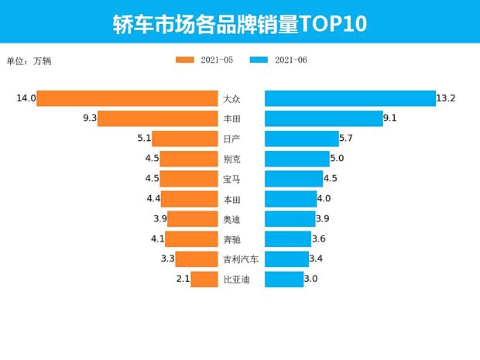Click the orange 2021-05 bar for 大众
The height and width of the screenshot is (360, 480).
[x=127, y=98]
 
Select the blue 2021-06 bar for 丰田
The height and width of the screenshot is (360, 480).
[x=324, y=118]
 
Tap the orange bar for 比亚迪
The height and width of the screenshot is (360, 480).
[x=204, y=279]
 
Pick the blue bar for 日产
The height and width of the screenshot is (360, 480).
[x=302, y=139]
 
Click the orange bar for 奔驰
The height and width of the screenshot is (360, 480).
[x=191, y=239]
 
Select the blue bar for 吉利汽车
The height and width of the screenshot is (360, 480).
[x=286, y=259]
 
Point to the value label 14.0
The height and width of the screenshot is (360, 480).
[x=26, y=98]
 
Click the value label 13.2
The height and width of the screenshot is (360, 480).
[x=446, y=98]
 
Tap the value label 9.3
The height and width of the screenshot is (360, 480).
[x=87, y=118]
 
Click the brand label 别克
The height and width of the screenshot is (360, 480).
[x=231, y=159]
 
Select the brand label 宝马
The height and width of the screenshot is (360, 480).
[x=231, y=179]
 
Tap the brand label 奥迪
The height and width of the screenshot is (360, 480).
[x=231, y=219]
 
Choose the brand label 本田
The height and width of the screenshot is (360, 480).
[x=231, y=199]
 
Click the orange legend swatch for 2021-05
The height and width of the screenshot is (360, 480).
[x=188, y=60]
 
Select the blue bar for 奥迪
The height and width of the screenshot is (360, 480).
[x=289, y=219]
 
